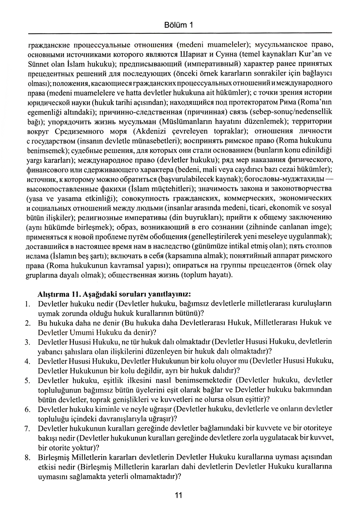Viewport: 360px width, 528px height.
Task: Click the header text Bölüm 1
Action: click(x=179, y=25)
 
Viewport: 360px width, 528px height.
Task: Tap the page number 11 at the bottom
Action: click(x=179, y=495)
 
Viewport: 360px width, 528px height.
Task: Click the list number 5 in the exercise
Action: click(x=27, y=380)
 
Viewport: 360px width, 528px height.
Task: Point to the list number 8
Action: click(x=27, y=458)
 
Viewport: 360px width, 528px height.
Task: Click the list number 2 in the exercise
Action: click(x=27, y=323)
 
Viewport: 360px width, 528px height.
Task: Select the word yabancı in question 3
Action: click(x=50, y=351)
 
